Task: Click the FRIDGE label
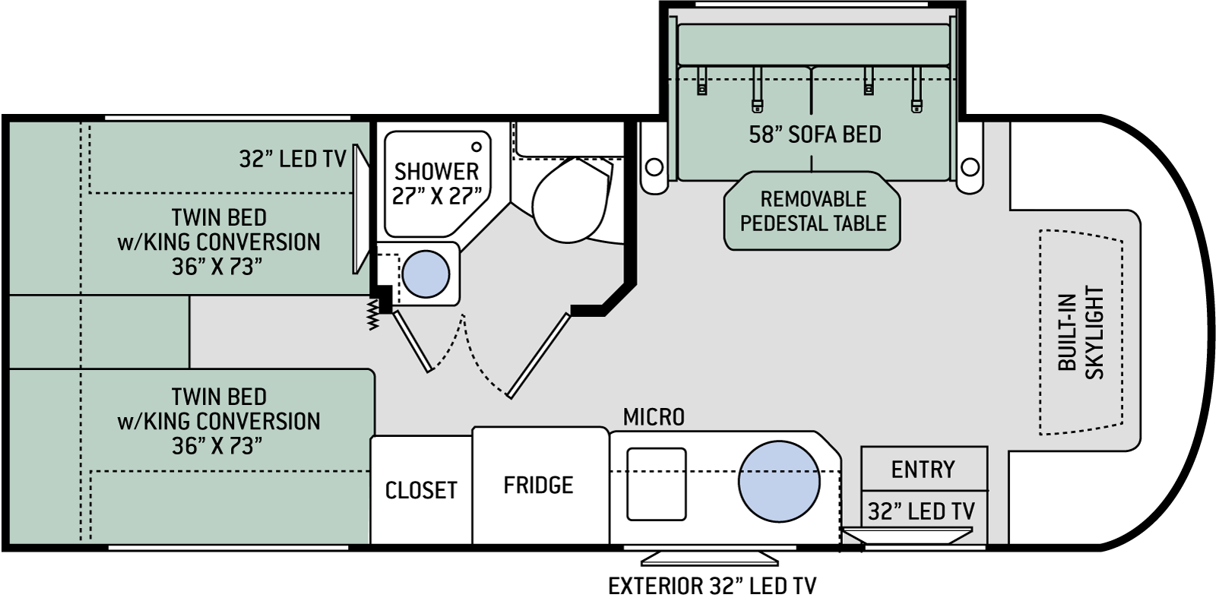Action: click(x=538, y=485)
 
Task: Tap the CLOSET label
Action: click(x=421, y=490)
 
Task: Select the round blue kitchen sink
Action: click(x=779, y=482)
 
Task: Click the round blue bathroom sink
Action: click(x=426, y=274)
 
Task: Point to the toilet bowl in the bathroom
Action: click(x=570, y=200)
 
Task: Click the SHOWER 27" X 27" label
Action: click(x=436, y=184)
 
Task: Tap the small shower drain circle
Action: click(x=477, y=147)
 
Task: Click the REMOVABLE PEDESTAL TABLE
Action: click(x=812, y=210)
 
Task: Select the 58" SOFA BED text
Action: click(x=815, y=134)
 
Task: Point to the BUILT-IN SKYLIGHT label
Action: click(x=1081, y=332)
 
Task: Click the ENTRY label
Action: click(x=923, y=469)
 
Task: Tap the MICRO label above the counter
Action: click(x=654, y=417)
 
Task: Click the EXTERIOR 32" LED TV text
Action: click(x=711, y=586)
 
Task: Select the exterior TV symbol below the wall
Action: click(x=710, y=558)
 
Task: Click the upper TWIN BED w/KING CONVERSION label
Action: click(x=219, y=242)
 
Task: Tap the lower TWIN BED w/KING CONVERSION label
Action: click(x=219, y=421)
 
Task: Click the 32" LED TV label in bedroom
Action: click(x=293, y=159)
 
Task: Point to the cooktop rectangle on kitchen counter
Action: click(x=657, y=484)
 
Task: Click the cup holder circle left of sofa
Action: click(x=654, y=166)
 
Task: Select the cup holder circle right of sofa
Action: click(x=970, y=166)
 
